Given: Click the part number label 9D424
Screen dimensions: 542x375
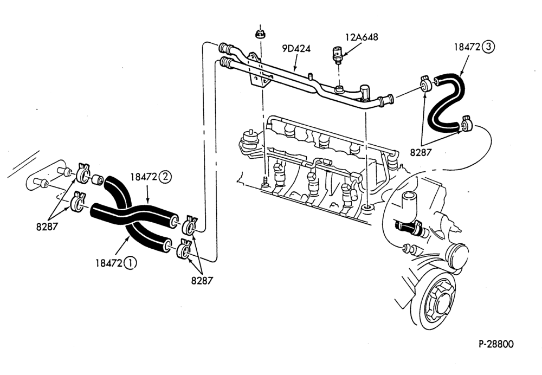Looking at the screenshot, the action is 296,48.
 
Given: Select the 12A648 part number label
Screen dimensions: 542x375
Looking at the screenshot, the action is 362,37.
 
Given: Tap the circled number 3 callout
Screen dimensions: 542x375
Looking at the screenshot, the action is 488,47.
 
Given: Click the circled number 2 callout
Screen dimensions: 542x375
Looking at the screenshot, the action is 165,177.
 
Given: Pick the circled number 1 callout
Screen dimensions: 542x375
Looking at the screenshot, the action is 130,263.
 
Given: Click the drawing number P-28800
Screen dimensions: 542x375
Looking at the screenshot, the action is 496,344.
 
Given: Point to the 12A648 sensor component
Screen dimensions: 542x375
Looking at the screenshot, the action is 337,54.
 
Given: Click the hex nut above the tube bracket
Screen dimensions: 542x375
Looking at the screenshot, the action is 259,34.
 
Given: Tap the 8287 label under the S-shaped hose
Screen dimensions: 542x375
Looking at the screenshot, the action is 421,152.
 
